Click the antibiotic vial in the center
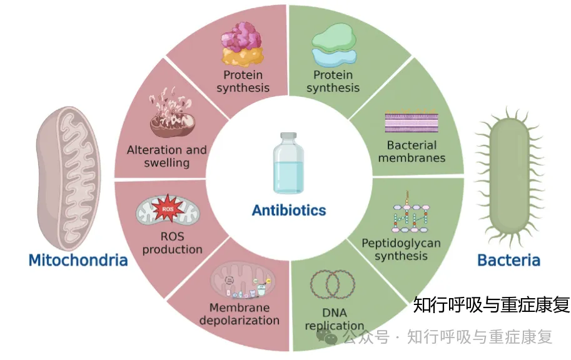[288, 163]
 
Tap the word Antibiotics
[289, 211]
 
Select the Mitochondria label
[78, 260]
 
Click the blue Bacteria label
[508, 260]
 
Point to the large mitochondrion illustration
[68, 178]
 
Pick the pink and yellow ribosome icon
[243, 44]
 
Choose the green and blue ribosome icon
[334, 45]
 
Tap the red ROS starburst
[168, 209]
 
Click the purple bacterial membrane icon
[412, 121]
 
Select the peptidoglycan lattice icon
[410, 212]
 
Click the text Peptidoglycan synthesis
[401, 249]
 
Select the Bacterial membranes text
[412, 151]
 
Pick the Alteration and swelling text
[167, 156]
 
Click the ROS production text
[172, 242]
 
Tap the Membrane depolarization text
[240, 314]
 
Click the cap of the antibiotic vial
[288, 136]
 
